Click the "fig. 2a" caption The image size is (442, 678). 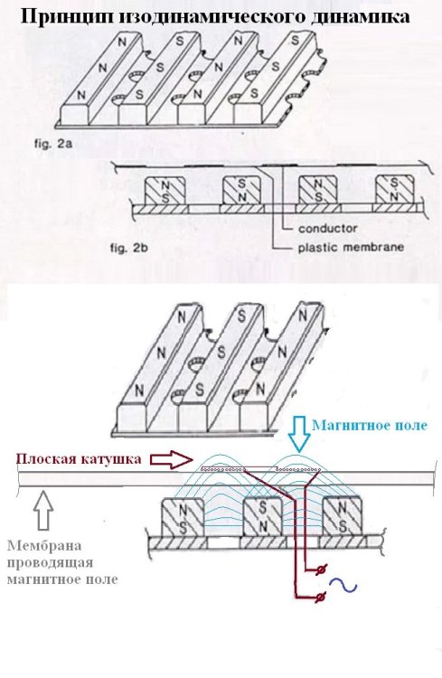[x=53, y=144]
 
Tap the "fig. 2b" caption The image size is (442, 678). [x=129, y=249]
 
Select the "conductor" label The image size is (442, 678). [x=328, y=229]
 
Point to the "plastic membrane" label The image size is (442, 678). [x=351, y=248]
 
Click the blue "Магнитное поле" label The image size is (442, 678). [x=370, y=426]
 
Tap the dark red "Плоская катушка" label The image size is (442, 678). [x=79, y=458]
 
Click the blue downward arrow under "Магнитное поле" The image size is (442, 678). [x=300, y=434]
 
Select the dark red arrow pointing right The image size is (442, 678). [x=171, y=459]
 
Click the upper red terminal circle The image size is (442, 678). [x=320, y=570]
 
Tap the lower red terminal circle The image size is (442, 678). [x=320, y=598]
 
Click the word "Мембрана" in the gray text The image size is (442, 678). [x=44, y=546]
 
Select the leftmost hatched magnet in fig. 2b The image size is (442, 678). [x=165, y=191]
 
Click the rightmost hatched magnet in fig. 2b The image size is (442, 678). [x=394, y=190]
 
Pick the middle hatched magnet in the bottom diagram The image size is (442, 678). [x=263, y=517]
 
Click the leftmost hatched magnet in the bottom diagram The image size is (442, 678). [x=182, y=517]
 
